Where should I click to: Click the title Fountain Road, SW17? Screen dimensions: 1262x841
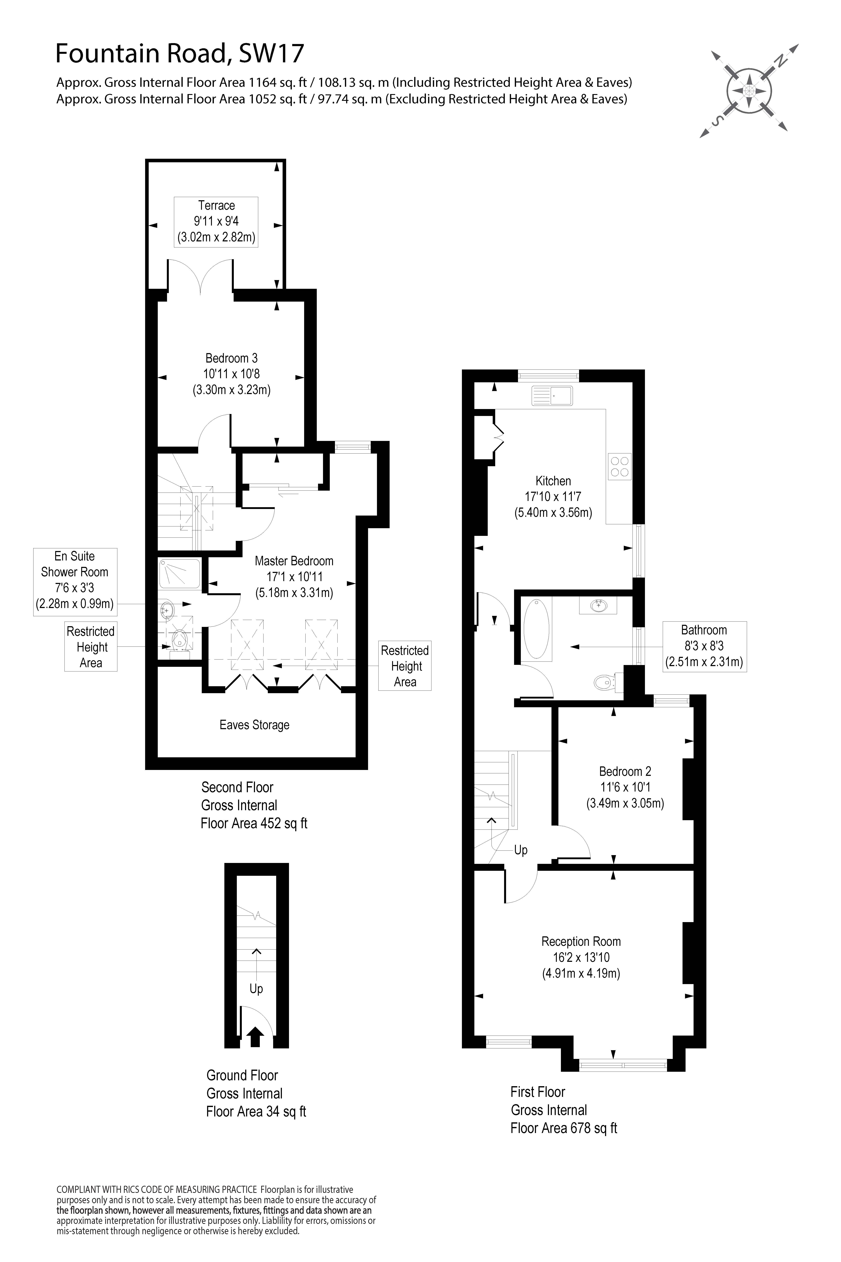(180, 54)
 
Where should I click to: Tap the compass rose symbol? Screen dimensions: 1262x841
(749, 91)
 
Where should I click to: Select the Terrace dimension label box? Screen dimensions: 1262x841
(216, 222)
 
